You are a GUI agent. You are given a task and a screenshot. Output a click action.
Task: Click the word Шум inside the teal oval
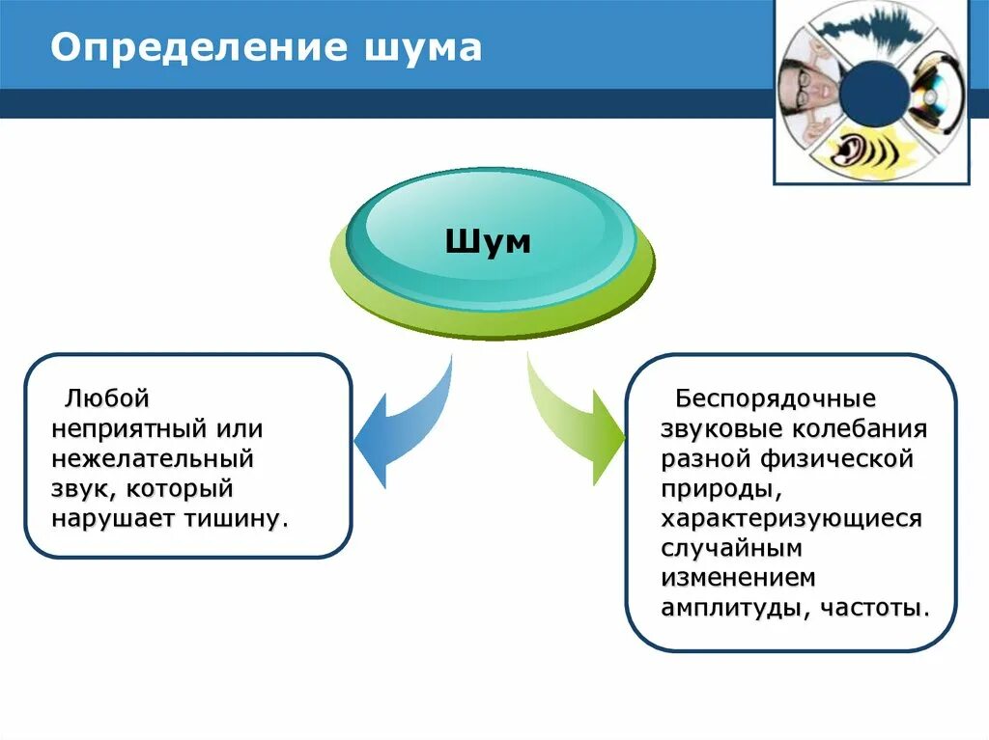click(x=488, y=241)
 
